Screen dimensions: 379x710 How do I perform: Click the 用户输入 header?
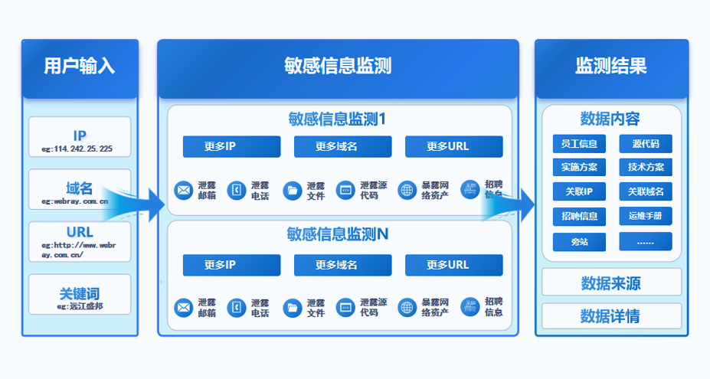coord(80,67)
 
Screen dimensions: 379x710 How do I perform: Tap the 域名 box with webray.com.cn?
coord(80,191)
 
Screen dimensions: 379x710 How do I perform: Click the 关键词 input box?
coord(80,296)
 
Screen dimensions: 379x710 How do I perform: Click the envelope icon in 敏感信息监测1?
coord(183,190)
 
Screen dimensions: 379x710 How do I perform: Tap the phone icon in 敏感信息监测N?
coord(237,308)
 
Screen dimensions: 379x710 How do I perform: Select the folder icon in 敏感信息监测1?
coord(292,190)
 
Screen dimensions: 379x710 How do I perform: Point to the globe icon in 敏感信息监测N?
coord(407,308)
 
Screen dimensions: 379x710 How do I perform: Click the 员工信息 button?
coord(579,144)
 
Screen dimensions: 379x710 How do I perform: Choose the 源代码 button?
coord(646,144)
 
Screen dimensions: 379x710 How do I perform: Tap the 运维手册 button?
coord(646,216)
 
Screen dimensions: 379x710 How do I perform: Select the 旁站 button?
coord(579,242)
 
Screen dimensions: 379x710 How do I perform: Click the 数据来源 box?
coord(611,283)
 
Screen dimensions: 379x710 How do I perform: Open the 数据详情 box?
coord(611,315)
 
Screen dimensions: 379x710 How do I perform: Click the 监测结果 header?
coord(611,67)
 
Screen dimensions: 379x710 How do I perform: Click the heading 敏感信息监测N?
coord(338,234)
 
